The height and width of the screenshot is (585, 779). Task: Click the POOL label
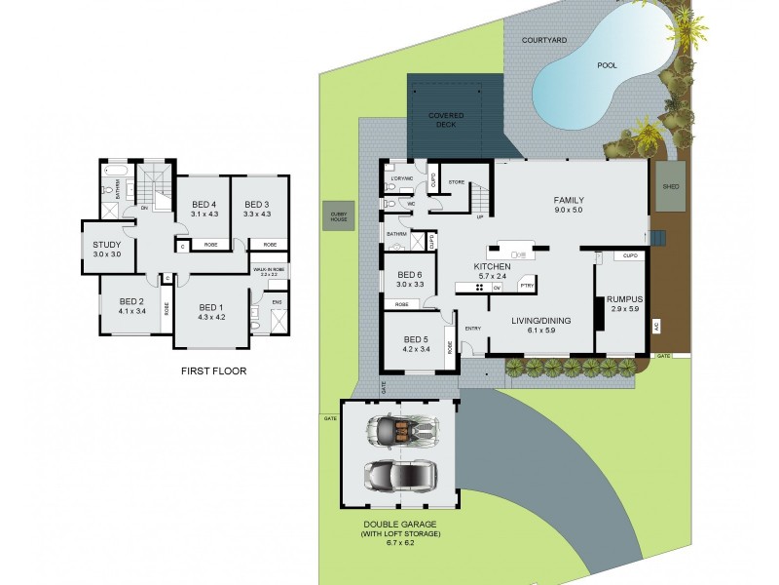607,65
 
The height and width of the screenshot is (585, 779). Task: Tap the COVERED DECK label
447,120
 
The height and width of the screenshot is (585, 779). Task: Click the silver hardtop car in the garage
399,475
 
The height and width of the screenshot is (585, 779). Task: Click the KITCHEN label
492,265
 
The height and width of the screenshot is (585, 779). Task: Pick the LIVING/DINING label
541,320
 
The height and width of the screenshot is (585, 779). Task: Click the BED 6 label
409,275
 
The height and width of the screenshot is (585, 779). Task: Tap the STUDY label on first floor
106,245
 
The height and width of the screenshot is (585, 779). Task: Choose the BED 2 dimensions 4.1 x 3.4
131,312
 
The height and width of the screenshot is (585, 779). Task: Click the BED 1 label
211,306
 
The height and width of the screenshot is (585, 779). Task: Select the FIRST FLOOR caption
214,370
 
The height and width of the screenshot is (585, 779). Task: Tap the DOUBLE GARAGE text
400,524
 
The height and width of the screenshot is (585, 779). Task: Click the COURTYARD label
544,40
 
